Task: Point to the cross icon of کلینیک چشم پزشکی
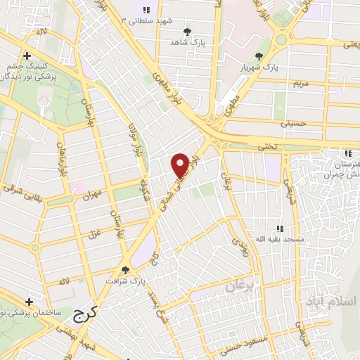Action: pyautogui.click(x=26, y=56)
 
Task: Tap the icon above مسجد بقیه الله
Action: pyautogui.click(x=280, y=229)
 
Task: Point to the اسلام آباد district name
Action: pyautogui.click(x=330, y=301)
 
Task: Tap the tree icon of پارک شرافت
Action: pyautogui.click(x=125, y=269)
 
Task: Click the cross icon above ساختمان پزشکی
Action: pyautogui.click(x=29, y=300)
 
